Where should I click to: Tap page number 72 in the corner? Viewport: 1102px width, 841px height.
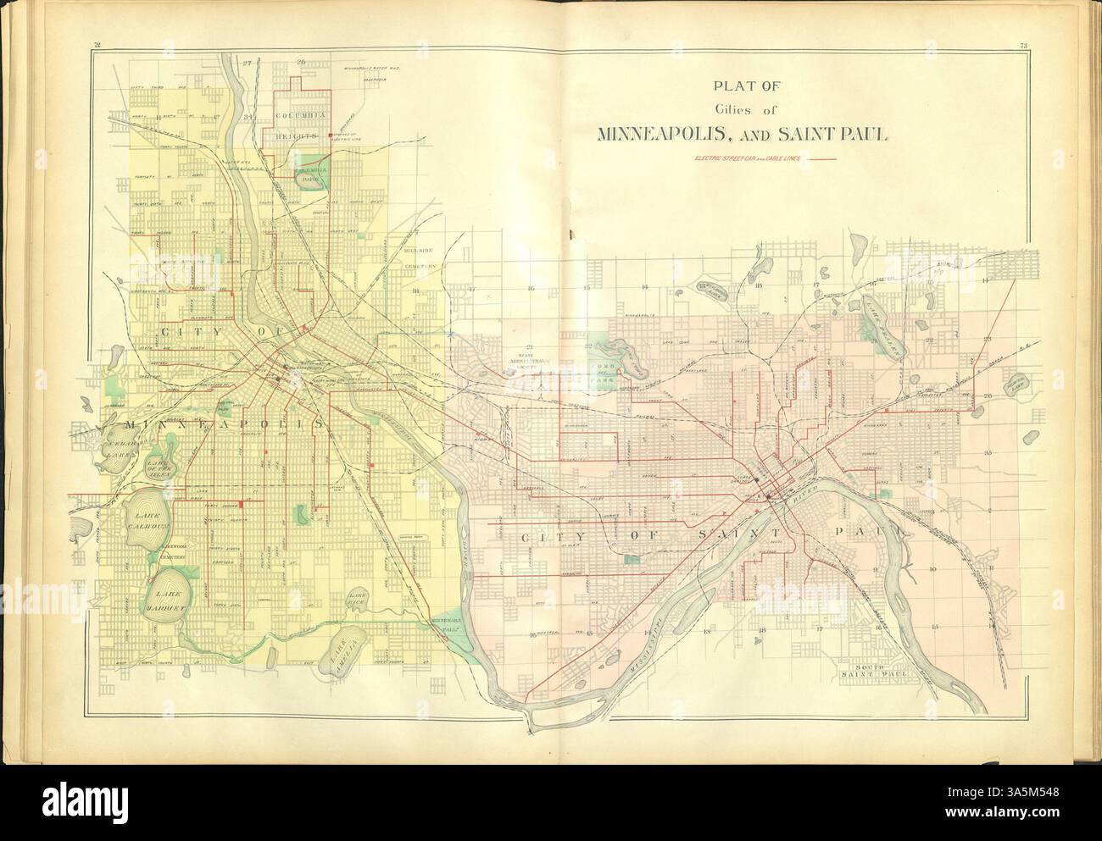[98, 46]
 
